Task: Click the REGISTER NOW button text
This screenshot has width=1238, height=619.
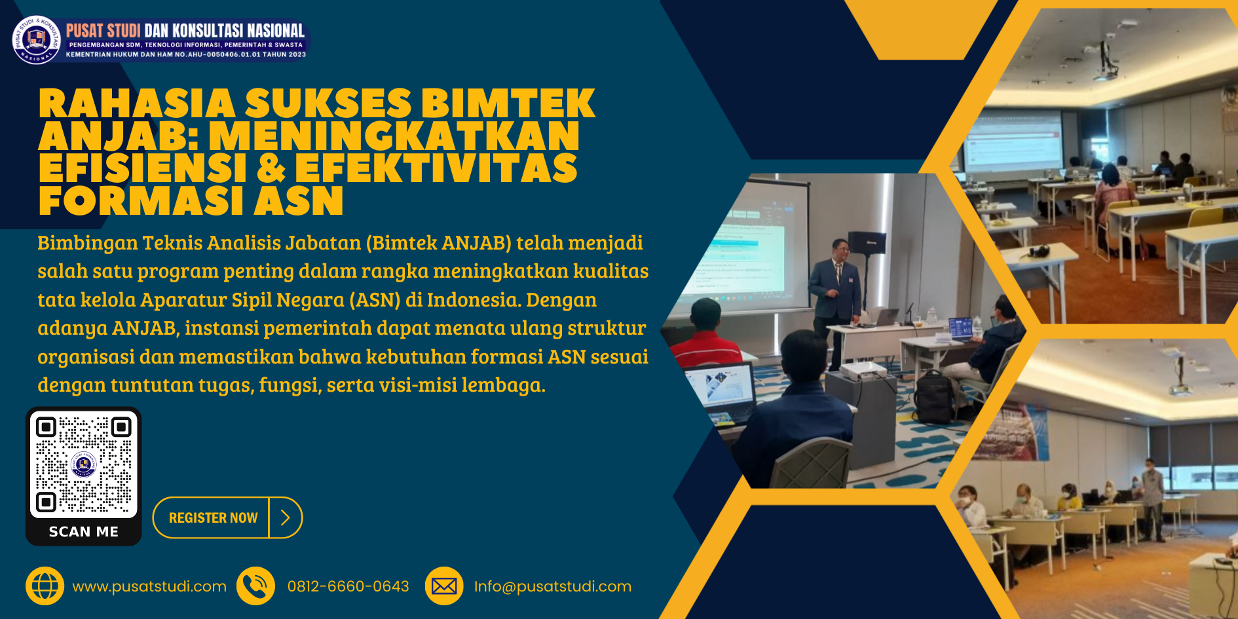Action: [x=213, y=517]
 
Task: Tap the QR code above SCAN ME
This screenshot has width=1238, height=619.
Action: [x=84, y=464]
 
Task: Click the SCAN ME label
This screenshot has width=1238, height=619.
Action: [x=84, y=532]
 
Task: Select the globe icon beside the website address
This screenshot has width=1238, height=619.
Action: [x=45, y=586]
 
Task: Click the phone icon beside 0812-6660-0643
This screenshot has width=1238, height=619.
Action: [x=256, y=586]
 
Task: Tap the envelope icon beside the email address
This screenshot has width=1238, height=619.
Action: [x=444, y=586]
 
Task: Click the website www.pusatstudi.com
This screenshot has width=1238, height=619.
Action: [x=149, y=587]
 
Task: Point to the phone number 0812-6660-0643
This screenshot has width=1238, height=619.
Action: [x=348, y=586]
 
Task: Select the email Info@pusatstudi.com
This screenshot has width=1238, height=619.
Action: [x=553, y=587]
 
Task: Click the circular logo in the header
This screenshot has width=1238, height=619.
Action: [x=37, y=40]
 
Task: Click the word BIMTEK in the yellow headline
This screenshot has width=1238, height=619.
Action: [x=508, y=104]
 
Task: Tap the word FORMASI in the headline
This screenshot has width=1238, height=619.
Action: [x=141, y=200]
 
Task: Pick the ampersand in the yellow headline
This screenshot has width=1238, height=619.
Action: [x=271, y=168]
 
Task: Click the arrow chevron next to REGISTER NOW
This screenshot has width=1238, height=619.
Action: [x=286, y=517]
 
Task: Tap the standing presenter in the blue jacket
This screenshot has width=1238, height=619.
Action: [x=835, y=295]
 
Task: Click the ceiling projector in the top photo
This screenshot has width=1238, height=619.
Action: [x=1105, y=66]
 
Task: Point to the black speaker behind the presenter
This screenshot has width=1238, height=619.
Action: [x=867, y=242]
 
